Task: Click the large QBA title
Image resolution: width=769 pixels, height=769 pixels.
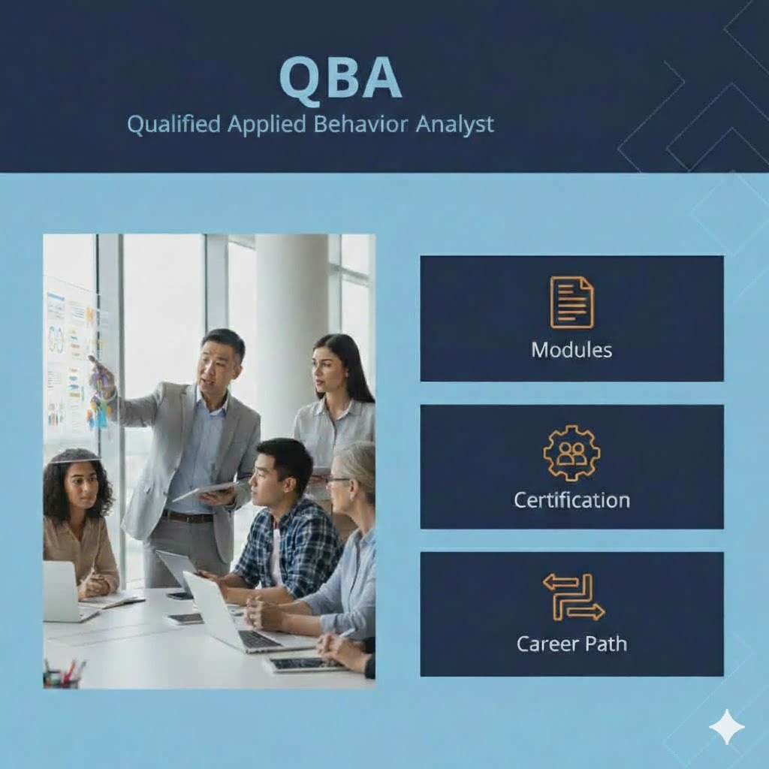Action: (x=341, y=78)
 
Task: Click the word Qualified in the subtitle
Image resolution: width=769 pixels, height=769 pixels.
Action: (x=174, y=124)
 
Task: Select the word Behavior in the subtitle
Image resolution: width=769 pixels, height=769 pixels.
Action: (x=360, y=124)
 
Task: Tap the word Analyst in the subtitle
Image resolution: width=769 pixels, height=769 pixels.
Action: (x=454, y=125)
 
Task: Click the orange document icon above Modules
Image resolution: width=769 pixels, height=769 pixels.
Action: (x=571, y=302)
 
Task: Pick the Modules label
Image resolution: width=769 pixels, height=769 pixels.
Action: (x=571, y=350)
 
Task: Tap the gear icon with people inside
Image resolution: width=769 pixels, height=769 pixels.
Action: (x=571, y=453)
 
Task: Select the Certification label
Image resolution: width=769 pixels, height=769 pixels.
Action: (x=571, y=500)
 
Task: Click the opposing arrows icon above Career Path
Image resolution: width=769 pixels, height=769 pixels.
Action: (x=573, y=597)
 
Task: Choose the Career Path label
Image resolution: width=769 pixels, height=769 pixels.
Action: (x=571, y=644)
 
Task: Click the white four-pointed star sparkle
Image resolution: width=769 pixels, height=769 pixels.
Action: (x=727, y=727)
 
